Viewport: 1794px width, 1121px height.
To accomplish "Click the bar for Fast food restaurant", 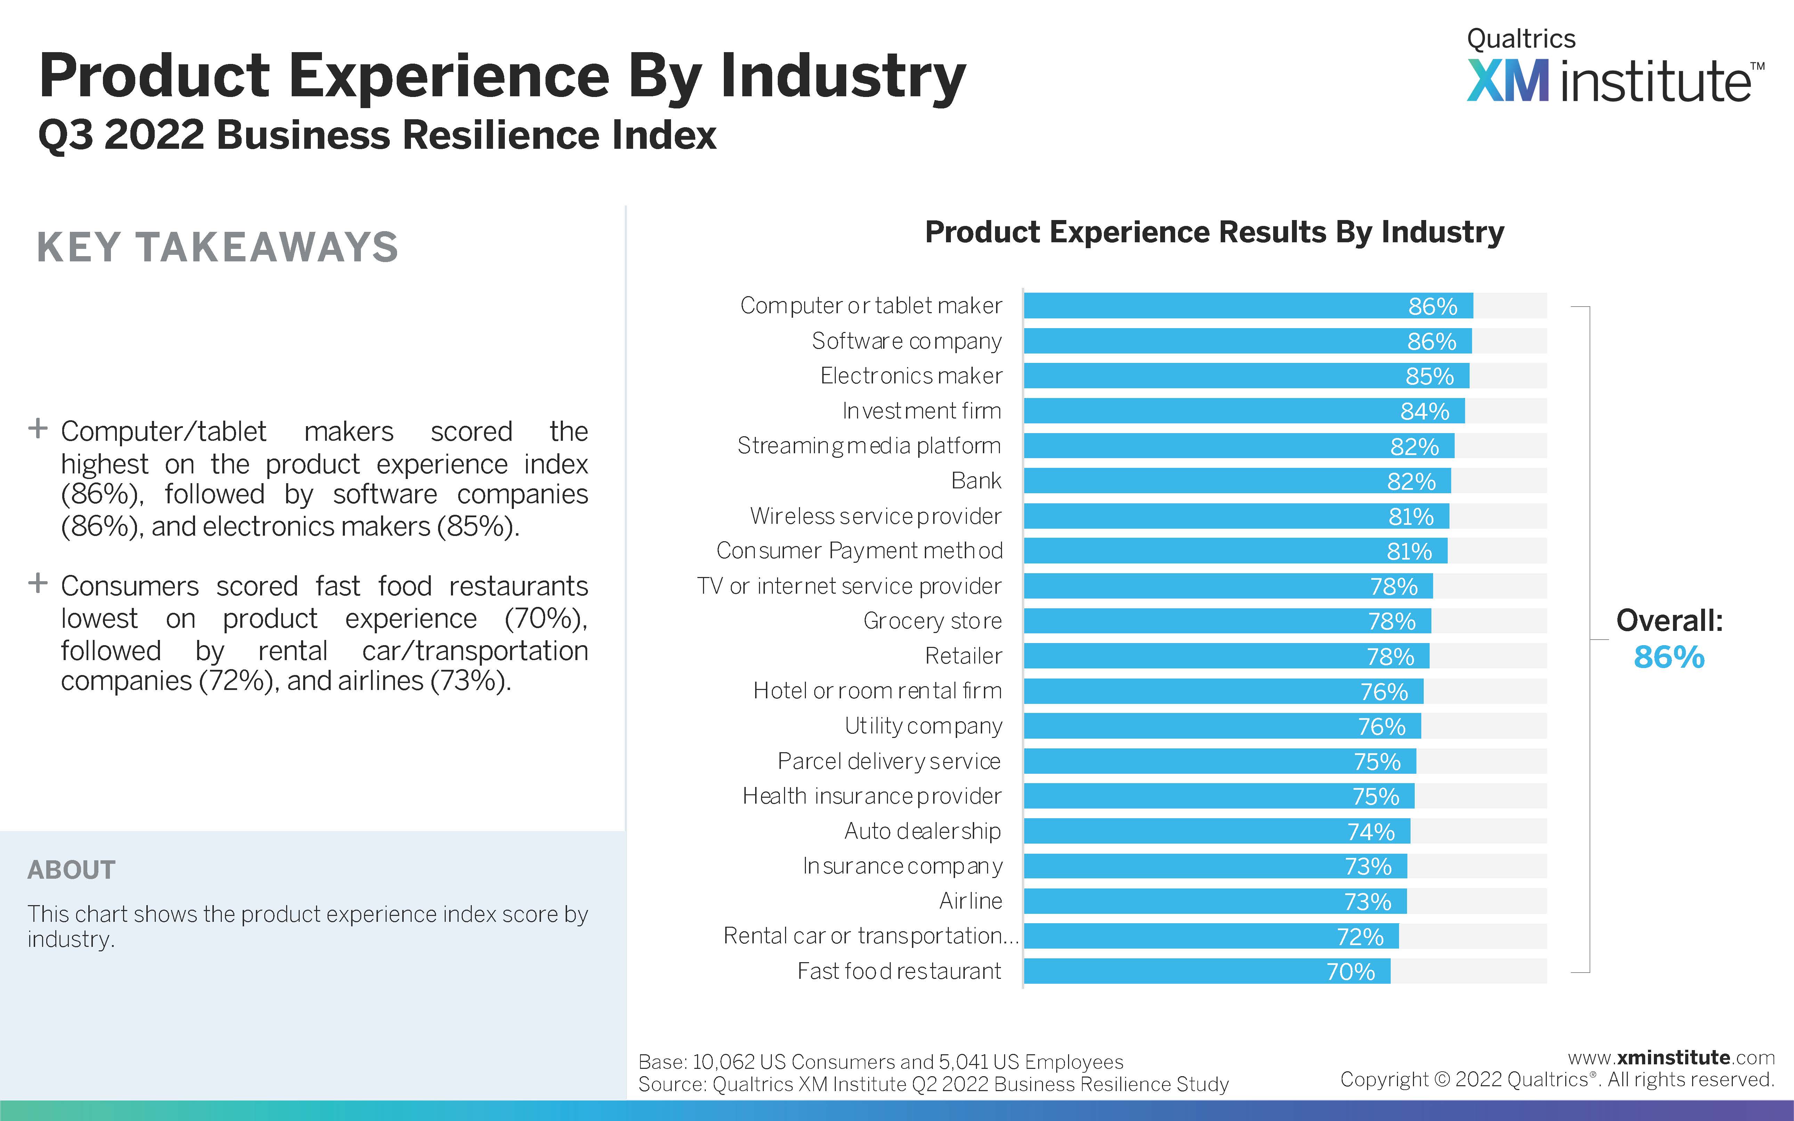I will tap(1207, 971).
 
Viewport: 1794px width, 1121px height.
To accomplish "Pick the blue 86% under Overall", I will tap(1669, 658).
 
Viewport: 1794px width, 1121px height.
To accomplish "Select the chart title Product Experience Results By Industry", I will tap(1214, 232).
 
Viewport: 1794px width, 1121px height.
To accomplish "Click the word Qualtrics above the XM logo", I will tap(1521, 39).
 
